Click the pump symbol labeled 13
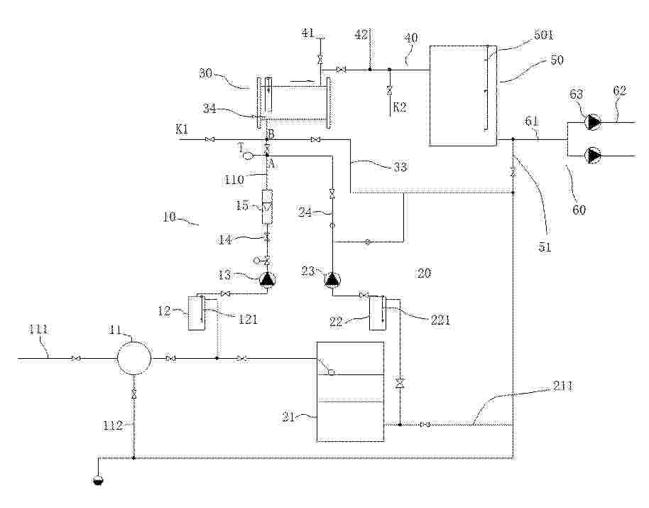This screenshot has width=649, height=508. point(268,281)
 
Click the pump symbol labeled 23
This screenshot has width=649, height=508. point(332,281)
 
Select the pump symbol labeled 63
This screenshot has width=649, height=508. point(593,122)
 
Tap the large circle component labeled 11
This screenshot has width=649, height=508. point(134,357)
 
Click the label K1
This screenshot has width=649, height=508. point(182,129)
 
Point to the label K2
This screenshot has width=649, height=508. point(400,107)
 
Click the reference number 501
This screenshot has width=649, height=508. point(543,36)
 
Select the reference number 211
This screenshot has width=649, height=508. point(563,387)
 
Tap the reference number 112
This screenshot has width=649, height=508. point(113,425)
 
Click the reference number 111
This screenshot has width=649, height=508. point(38,330)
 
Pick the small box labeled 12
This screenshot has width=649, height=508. point(197,313)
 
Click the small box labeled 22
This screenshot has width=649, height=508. point(378,313)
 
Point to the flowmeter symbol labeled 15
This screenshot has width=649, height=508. point(268,207)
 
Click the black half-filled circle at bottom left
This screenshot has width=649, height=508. point(98,480)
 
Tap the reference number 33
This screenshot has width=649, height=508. point(400,167)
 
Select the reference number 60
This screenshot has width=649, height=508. point(579,210)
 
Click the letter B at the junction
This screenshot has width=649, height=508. point(271,134)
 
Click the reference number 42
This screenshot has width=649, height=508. point(361,34)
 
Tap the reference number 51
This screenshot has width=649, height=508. point(545,247)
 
